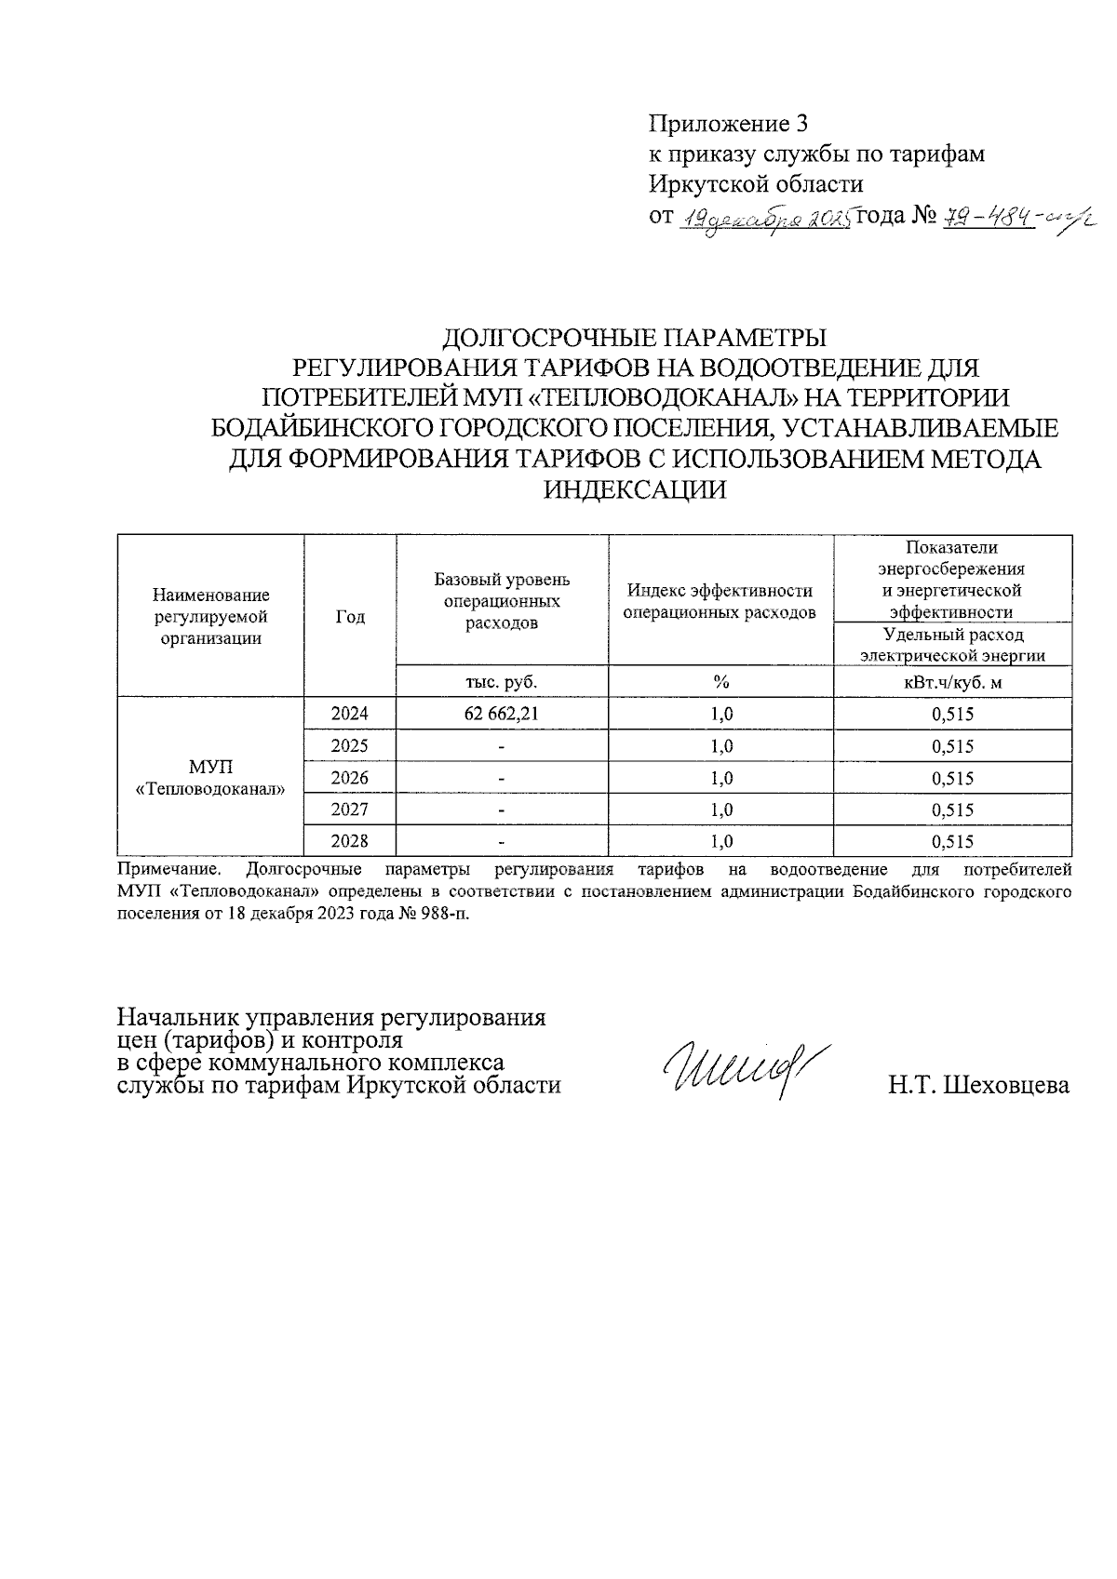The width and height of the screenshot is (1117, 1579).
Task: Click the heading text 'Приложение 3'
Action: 728,124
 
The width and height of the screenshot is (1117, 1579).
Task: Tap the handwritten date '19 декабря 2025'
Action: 767,220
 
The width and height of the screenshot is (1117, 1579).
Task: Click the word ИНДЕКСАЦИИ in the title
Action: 634,489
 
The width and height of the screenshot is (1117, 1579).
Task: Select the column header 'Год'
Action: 350,617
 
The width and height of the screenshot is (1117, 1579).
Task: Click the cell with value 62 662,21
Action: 502,715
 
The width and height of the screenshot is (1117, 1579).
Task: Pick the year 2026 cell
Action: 350,778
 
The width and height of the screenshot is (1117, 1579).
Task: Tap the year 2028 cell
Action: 350,841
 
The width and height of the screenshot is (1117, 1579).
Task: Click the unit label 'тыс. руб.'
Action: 502,682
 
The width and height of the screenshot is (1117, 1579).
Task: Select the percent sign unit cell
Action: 720,682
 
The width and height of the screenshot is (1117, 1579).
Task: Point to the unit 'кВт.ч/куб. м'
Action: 952,682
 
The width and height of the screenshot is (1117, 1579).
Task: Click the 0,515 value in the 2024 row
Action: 952,715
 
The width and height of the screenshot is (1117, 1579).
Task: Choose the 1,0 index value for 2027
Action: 720,810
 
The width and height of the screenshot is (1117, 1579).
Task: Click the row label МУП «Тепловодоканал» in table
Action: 210,778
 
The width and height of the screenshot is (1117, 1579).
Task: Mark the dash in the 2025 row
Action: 502,747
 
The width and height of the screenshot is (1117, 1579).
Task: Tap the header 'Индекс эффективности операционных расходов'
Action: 720,601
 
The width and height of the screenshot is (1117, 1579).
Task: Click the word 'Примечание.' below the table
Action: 168,870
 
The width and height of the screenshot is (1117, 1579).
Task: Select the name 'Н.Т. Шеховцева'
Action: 978,1085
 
